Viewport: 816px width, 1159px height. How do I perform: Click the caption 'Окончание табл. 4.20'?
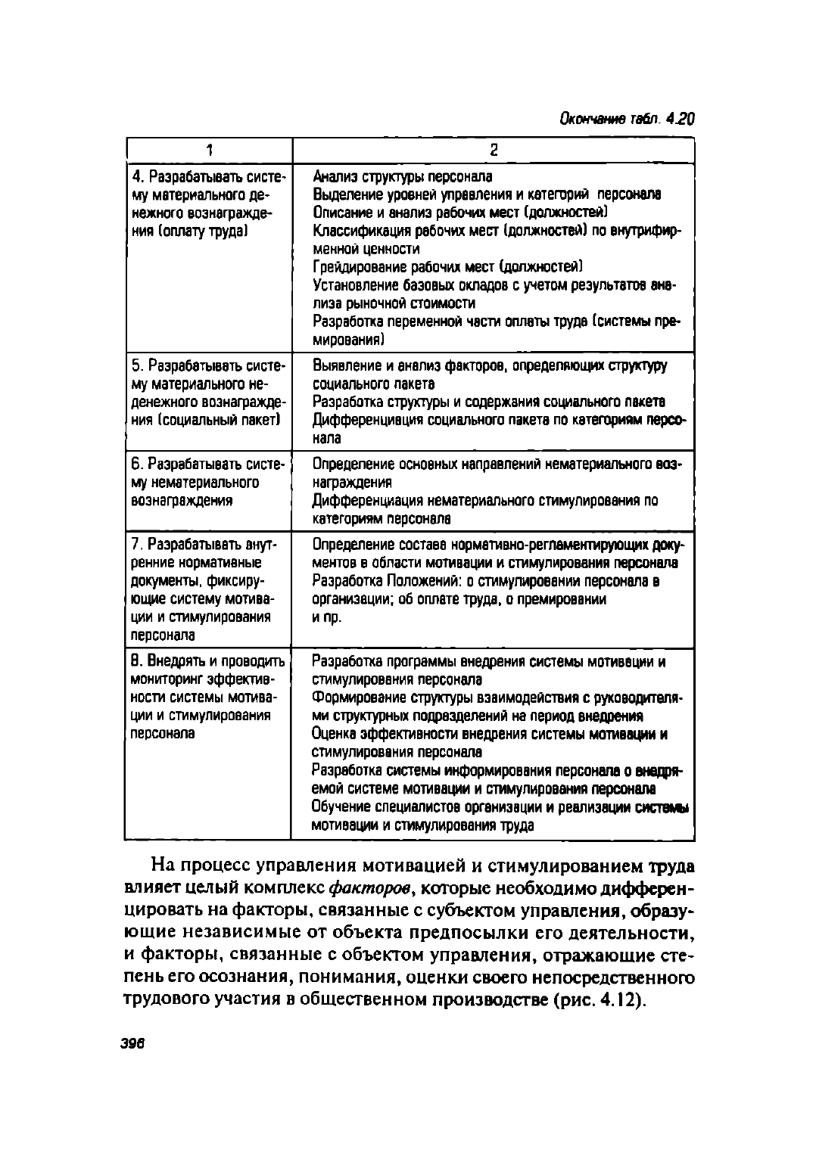point(626,119)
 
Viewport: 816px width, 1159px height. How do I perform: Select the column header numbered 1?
point(208,149)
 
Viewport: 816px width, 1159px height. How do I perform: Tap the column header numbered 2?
point(493,149)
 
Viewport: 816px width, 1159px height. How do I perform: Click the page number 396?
point(132,1042)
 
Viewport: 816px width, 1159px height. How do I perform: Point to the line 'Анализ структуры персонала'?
point(403,176)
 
